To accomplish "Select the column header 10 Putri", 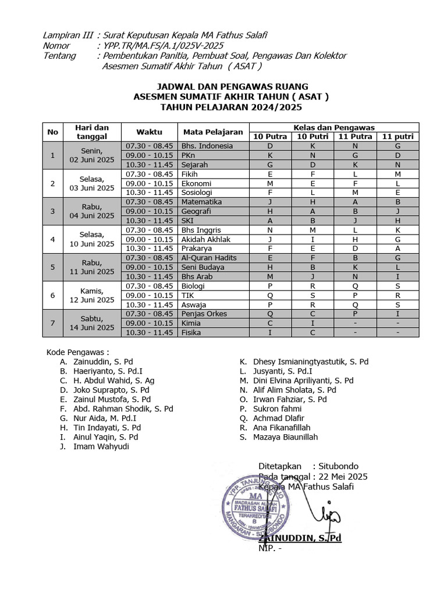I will pyautogui.click(x=313, y=136).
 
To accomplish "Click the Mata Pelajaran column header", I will pyautogui.click(x=214, y=132).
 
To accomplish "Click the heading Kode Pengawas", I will pyautogui.click(x=77, y=352).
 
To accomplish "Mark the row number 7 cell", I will pyautogui.click(x=53, y=323).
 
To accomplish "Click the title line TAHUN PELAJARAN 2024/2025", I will pyautogui.click(x=232, y=108).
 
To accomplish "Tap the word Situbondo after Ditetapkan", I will pyautogui.click(x=339, y=466).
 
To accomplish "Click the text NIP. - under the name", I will pyautogui.click(x=270, y=548).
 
